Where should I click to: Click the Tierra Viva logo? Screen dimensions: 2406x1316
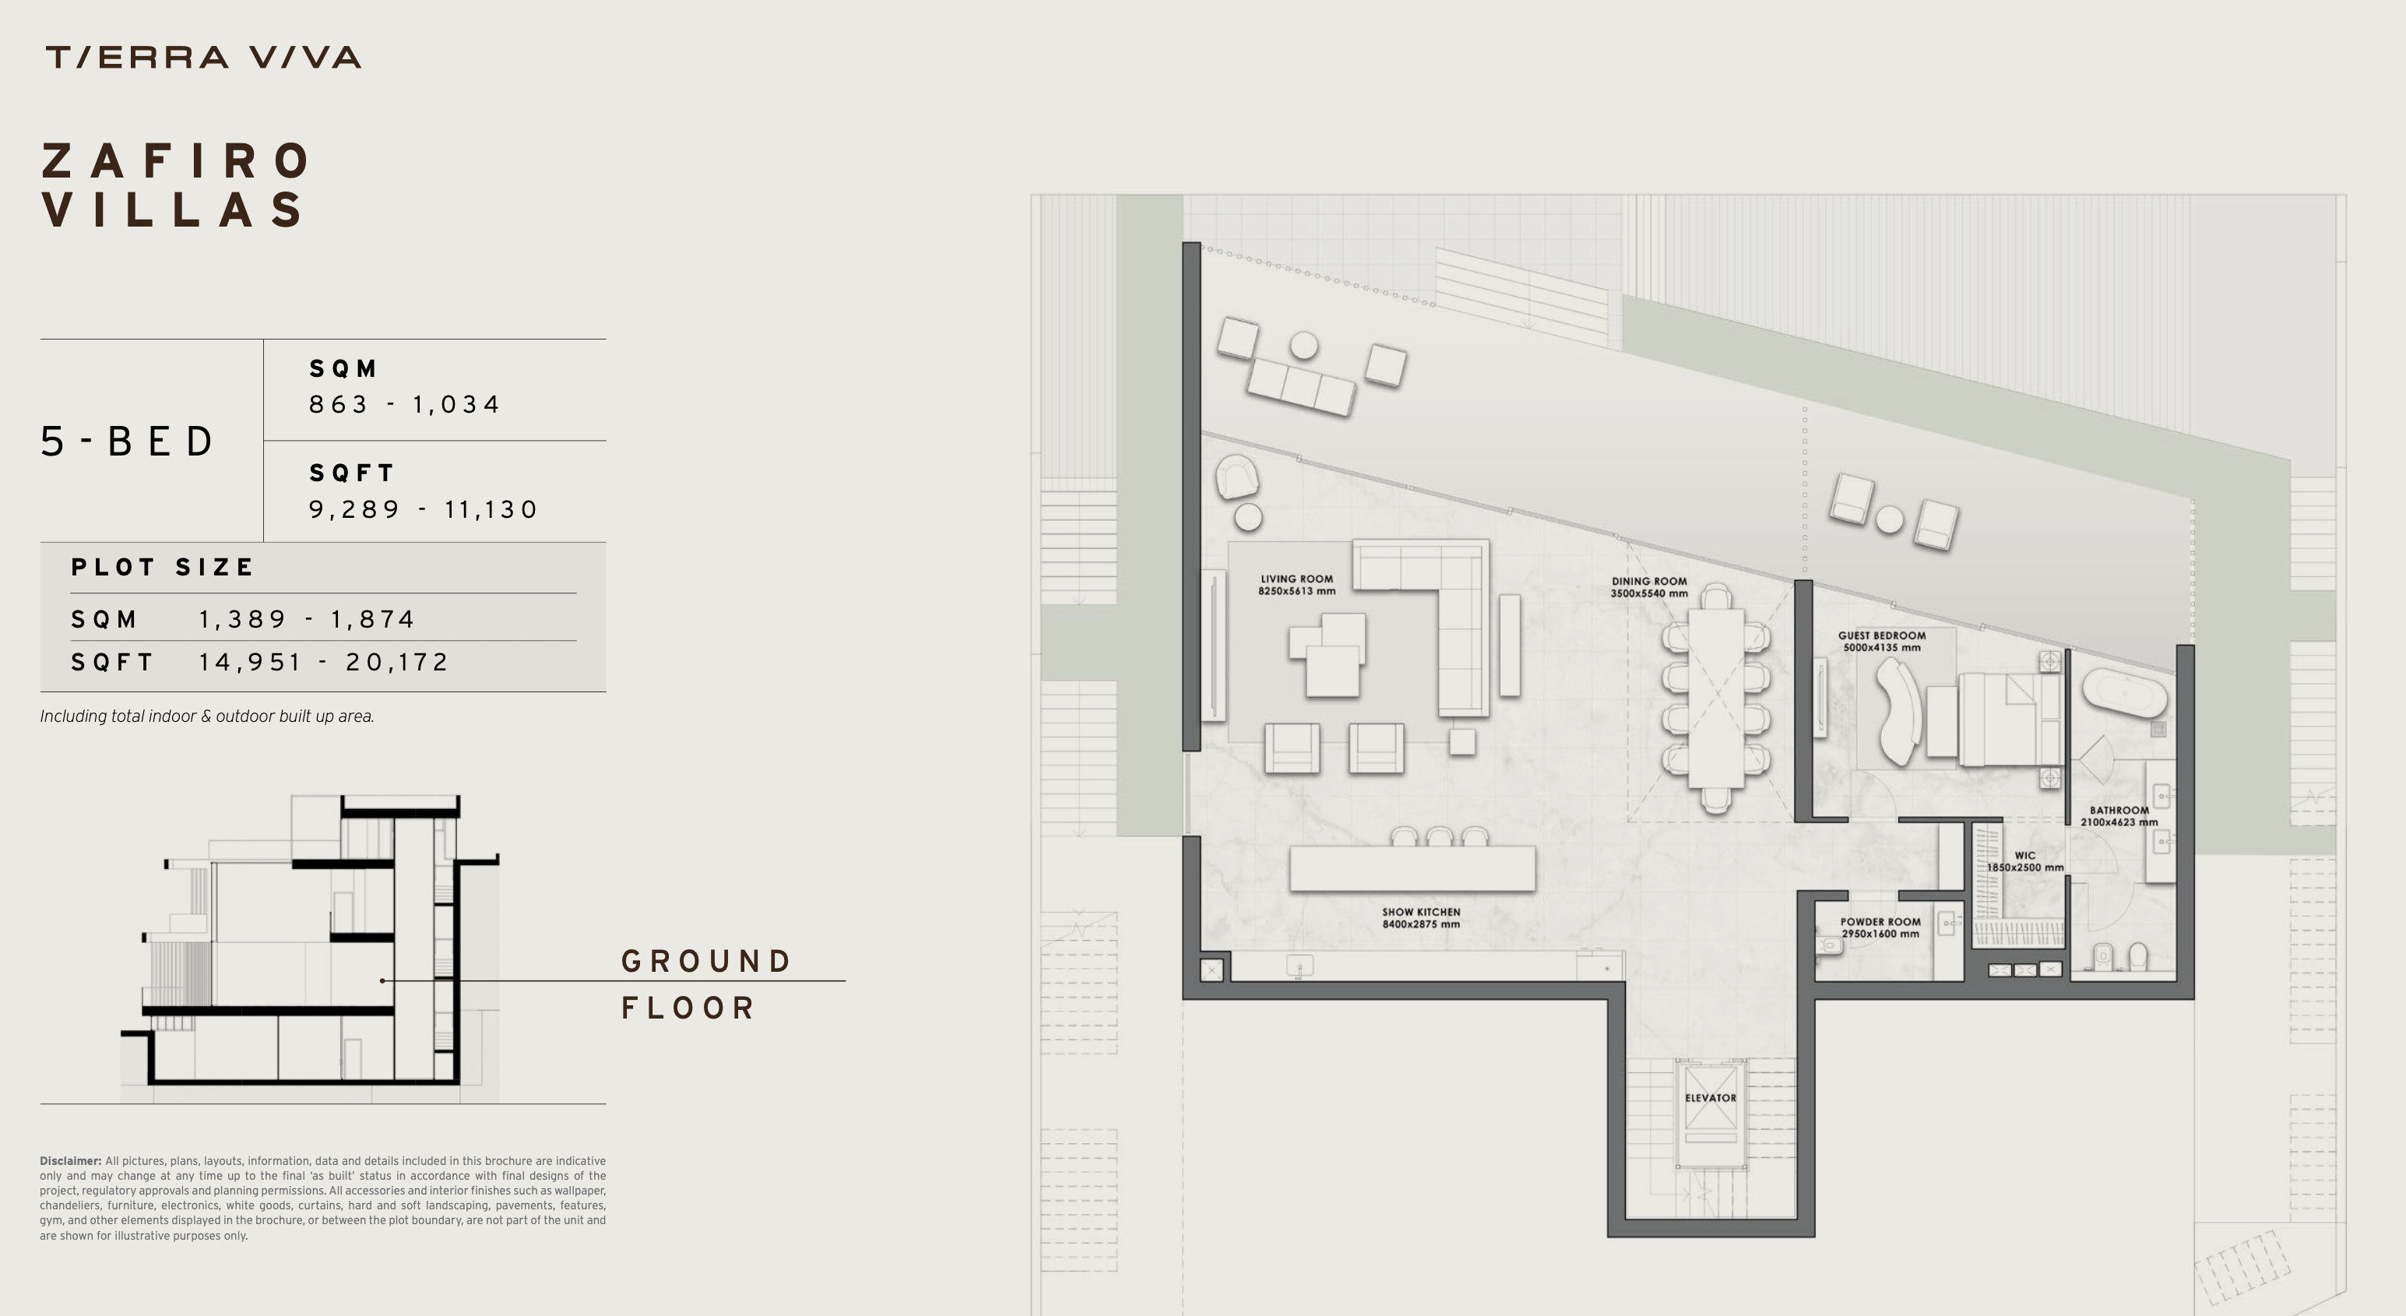pyautogui.click(x=202, y=58)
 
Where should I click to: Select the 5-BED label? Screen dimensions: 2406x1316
pyautogui.click(x=127, y=441)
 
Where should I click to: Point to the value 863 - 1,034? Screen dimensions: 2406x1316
pyautogui.click(x=404, y=404)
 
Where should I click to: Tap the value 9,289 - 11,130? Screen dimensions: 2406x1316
pyautogui.click(x=423, y=509)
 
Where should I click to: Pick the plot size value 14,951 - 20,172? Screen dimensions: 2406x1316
pyautogui.click(x=323, y=662)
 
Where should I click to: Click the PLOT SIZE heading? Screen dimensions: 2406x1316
pyautogui.click(x=163, y=567)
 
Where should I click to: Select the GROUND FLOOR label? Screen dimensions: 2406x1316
pyautogui.click(x=707, y=984)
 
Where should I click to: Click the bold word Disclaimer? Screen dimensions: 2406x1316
pyautogui.click(x=70, y=1161)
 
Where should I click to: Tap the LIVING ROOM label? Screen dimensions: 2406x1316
pyautogui.click(x=1296, y=585)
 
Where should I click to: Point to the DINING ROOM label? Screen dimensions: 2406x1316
pyautogui.click(x=1648, y=586)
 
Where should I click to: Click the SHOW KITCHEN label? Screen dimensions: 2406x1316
pyautogui.click(x=1420, y=918)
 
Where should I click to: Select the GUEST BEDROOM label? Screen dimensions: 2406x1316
pyautogui.click(x=1881, y=641)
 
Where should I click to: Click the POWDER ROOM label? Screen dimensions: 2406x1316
pyautogui.click(x=1880, y=927)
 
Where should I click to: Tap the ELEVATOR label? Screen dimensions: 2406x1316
pyautogui.click(x=1710, y=1097)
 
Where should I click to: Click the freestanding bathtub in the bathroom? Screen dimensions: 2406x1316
pyautogui.click(x=2124, y=692)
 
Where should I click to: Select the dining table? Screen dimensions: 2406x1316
pyautogui.click(x=1716, y=698)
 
